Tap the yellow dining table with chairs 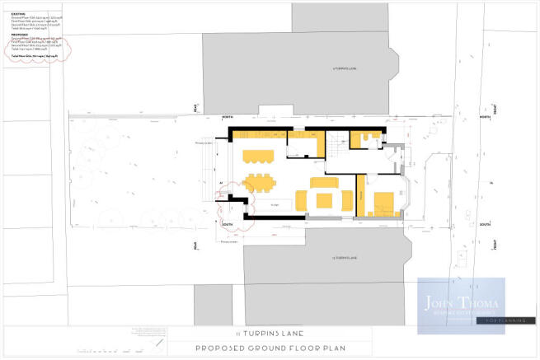click(261, 182)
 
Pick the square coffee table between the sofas click(322, 200)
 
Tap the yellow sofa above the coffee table click(322, 182)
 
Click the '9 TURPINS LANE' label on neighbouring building click(341, 69)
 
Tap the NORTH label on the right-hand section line click(486, 118)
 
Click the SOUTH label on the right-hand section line click(486, 222)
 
